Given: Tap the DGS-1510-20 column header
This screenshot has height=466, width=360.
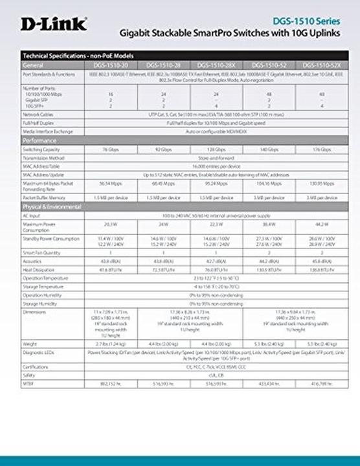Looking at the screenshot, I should coord(107,66).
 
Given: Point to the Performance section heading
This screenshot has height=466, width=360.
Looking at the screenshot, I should coord(40,140).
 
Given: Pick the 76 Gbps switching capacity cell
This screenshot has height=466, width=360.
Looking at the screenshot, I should coord(107,149).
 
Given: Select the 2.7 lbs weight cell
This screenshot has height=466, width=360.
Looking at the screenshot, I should coord(107,343).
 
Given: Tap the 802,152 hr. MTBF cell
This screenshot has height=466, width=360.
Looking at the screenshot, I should coord(107,384).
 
